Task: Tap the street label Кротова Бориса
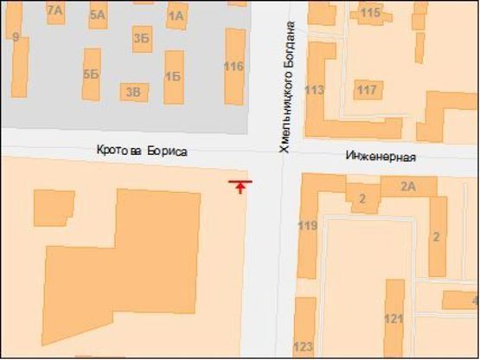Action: (142, 151)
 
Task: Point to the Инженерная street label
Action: (381, 157)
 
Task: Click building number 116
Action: (234, 67)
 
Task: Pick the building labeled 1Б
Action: (173, 76)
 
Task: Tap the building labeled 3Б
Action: (142, 37)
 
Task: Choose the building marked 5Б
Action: (92, 74)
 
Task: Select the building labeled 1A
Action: (176, 16)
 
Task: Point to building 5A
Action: (97, 15)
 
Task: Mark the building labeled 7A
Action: (55, 10)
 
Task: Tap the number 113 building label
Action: (315, 90)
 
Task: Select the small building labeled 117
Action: (368, 90)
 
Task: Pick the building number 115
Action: (370, 12)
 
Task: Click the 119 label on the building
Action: (307, 227)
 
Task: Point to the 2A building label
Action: (408, 185)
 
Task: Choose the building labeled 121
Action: (394, 319)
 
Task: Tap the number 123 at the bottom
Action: (303, 348)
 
